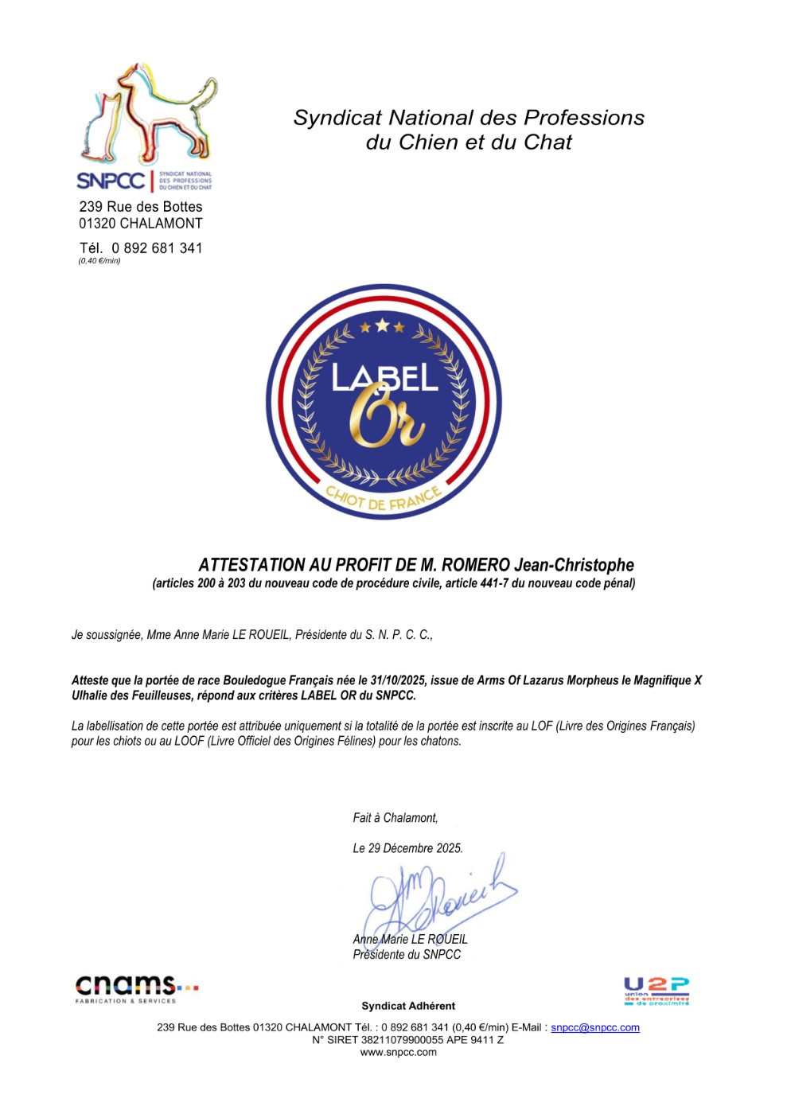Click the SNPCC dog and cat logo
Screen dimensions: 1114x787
(146, 127)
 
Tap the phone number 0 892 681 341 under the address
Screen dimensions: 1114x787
(157, 248)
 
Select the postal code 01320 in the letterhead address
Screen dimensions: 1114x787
(97, 224)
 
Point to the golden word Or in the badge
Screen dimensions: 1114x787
(386, 418)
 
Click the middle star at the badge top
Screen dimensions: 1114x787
(382, 325)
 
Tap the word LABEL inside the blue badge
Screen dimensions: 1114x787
(384, 377)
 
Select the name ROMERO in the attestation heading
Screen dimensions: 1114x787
(475, 565)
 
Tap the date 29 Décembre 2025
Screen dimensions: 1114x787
(415, 848)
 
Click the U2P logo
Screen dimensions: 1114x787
(656, 991)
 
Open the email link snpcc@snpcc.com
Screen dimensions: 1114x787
(594, 1027)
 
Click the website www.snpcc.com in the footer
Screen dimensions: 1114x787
(398, 1052)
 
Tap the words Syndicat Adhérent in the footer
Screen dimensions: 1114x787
(408, 1006)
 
